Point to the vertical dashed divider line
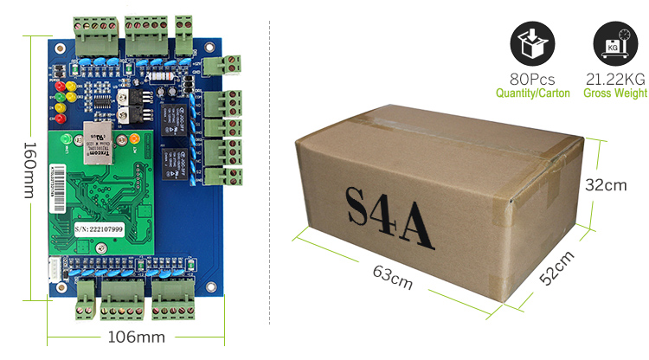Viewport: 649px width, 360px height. (273, 173)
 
